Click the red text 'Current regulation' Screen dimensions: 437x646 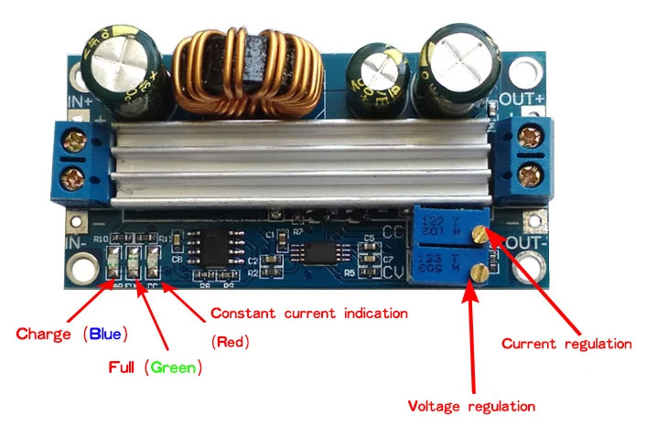(567, 345)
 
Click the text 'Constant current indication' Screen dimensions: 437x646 (308, 313)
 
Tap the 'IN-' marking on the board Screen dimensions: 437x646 (75, 242)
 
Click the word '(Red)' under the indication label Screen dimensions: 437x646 (230, 343)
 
